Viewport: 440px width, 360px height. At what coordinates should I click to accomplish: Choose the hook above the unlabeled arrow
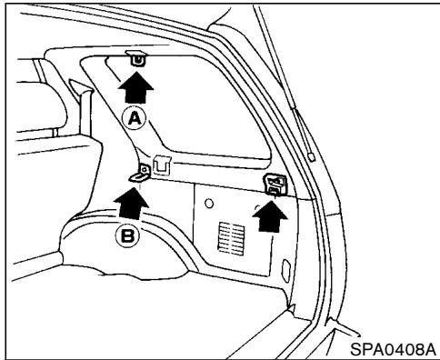click(x=274, y=185)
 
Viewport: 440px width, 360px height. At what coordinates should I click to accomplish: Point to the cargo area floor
click(x=182, y=318)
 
